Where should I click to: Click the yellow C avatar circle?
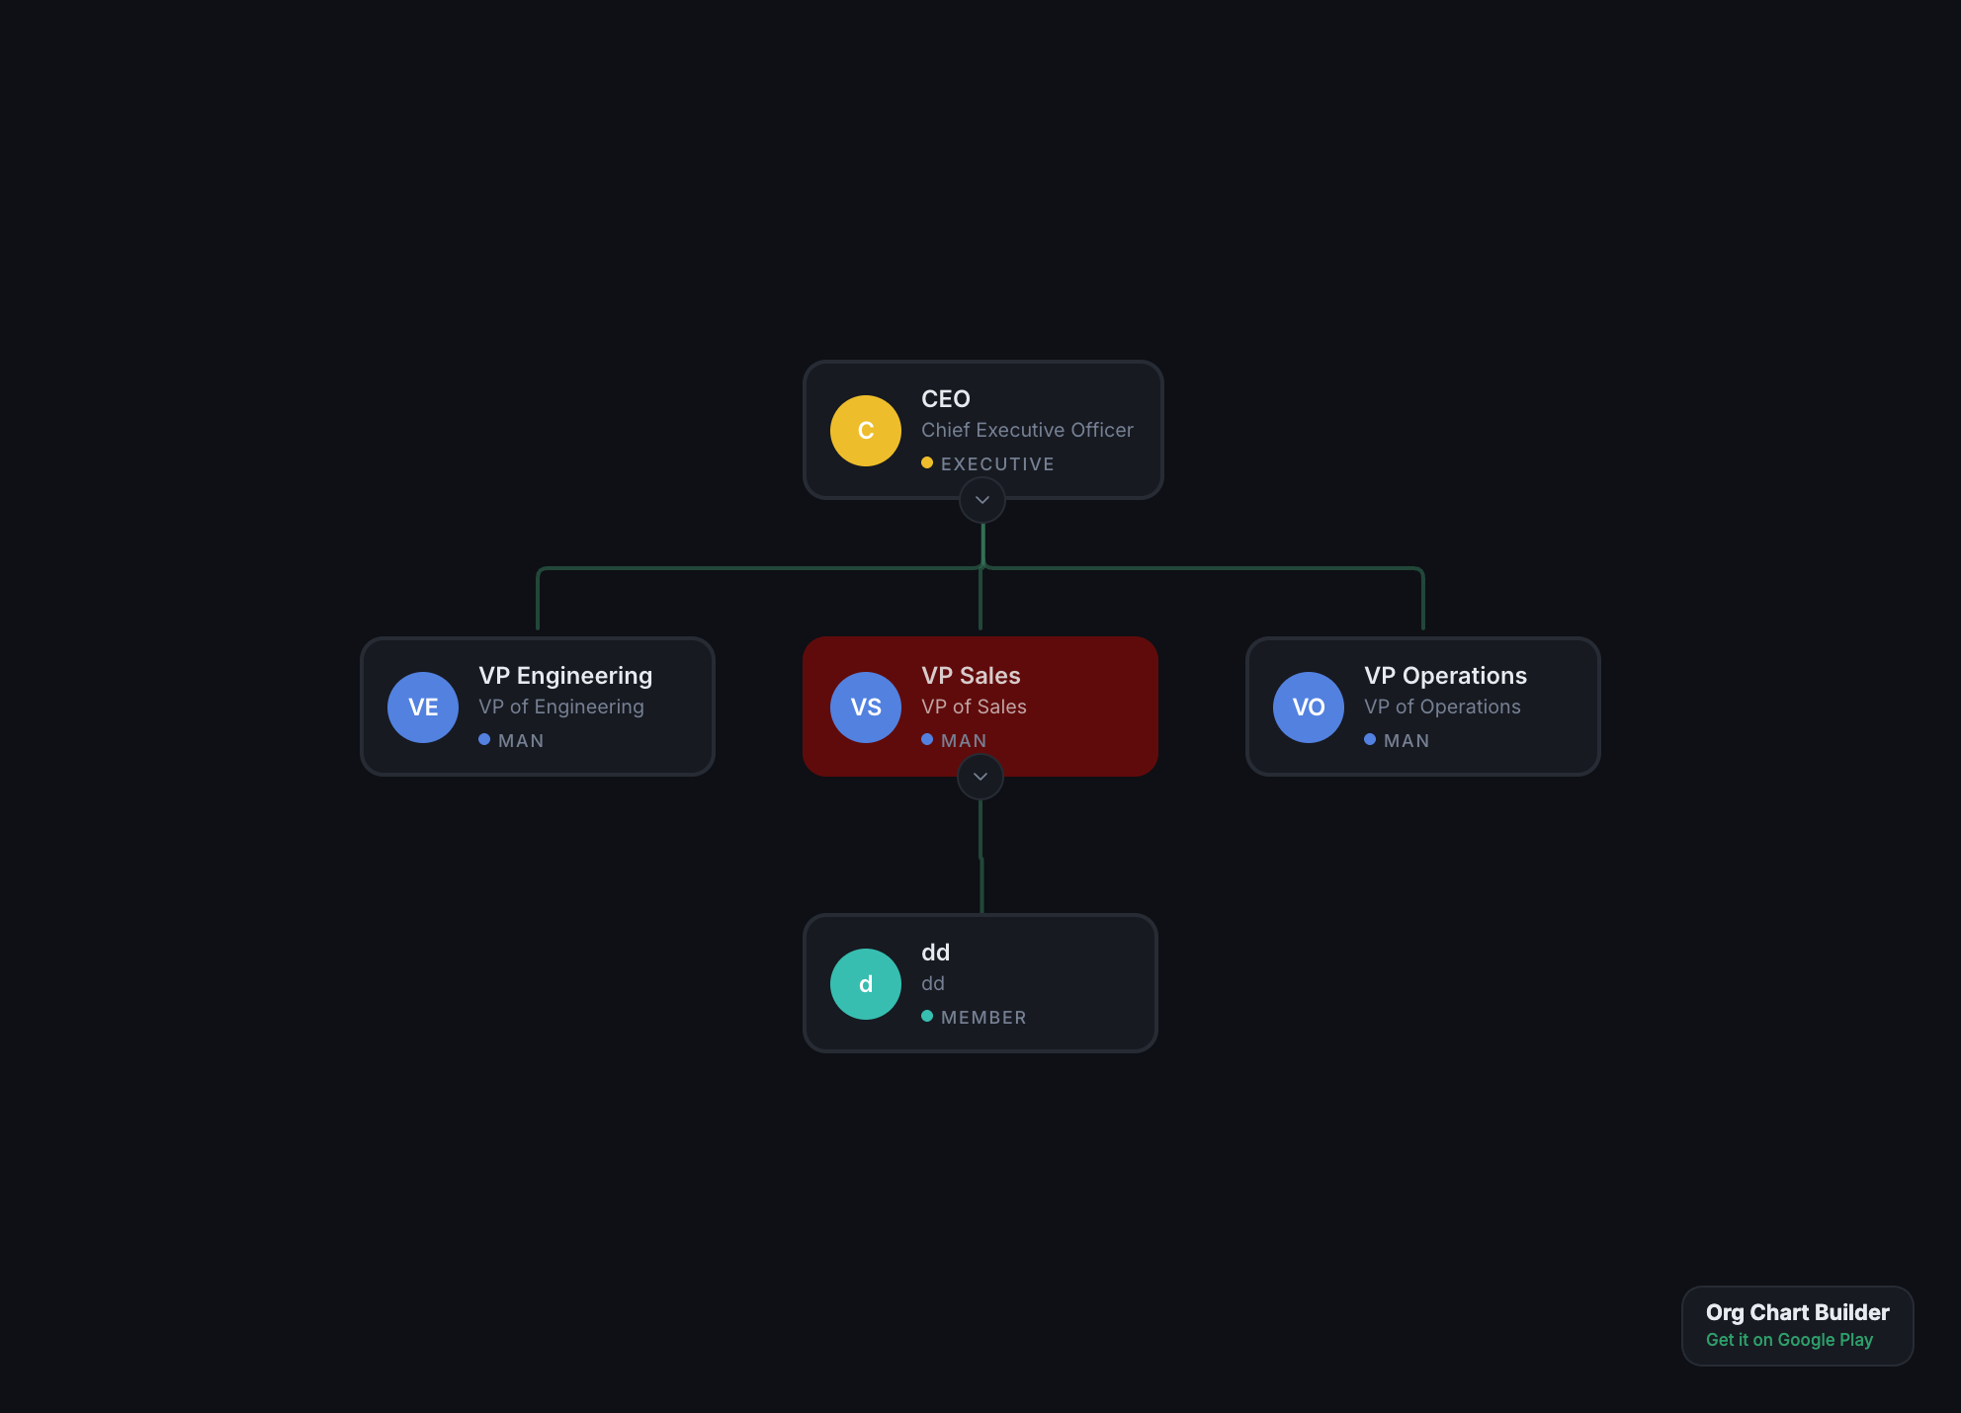pos(866,431)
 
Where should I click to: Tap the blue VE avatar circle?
pos(423,707)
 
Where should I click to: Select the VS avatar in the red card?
pos(866,707)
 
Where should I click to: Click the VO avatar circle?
pos(1309,707)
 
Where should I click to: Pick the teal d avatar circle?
pos(866,984)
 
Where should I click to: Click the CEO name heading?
pos(946,399)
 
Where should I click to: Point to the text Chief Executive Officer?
pos(1027,430)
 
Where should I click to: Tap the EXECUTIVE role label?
pos(997,463)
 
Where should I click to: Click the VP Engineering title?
pos(565,676)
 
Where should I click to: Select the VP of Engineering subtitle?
pos(561,706)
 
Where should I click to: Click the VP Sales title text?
pos(971,676)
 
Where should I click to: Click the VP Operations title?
pos(1445,676)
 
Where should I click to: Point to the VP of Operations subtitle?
pos(1442,706)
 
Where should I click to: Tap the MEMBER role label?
pos(983,1017)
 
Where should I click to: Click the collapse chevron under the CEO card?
pos(982,500)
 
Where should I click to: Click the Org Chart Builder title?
pos(1797,1312)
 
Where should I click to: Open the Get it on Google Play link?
pos(1789,1340)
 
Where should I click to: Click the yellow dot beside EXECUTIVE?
pos(927,462)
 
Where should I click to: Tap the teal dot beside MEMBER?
pos(927,1016)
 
